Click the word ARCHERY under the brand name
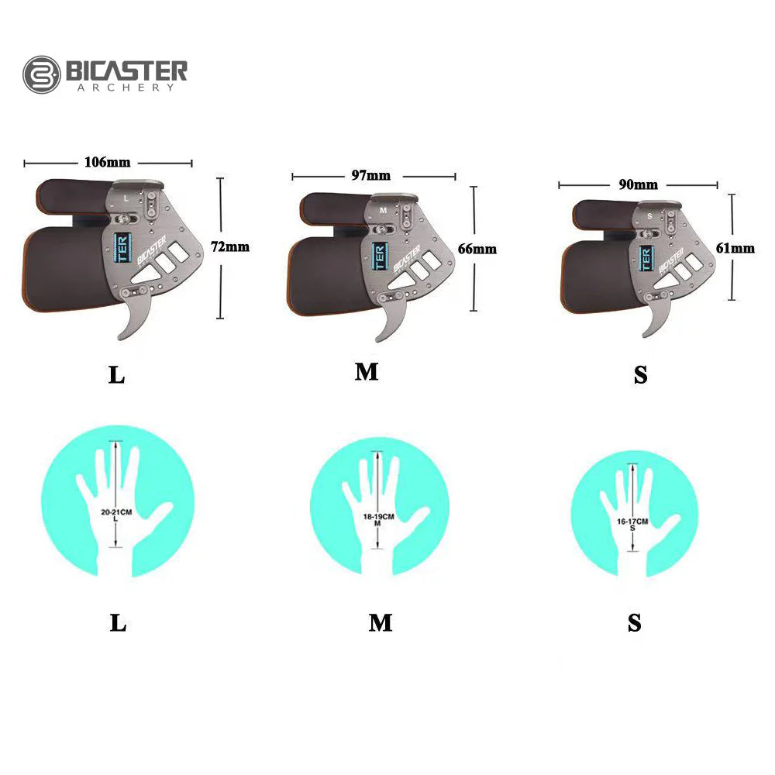click(x=126, y=88)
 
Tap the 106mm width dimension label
click(x=107, y=163)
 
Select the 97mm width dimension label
click(x=371, y=176)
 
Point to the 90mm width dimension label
click(x=638, y=184)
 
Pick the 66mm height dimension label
click(x=478, y=249)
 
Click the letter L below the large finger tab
click(x=116, y=375)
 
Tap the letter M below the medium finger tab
click(x=367, y=372)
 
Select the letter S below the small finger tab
click(x=640, y=375)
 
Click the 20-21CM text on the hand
click(x=116, y=512)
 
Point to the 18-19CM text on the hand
click(x=378, y=516)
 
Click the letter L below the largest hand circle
click(x=118, y=623)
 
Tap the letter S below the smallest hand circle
click(x=635, y=623)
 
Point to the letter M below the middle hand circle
click(x=380, y=622)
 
